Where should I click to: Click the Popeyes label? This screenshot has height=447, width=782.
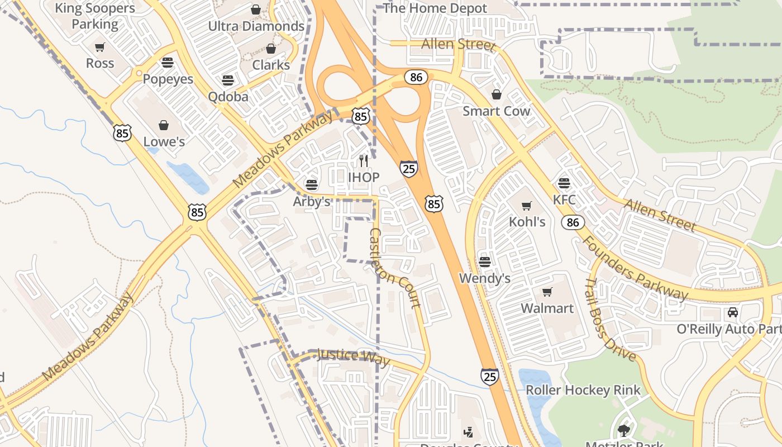[x=168, y=79]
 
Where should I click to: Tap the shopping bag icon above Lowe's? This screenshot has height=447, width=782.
[x=164, y=125]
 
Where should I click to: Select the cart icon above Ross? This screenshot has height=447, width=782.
[x=100, y=47]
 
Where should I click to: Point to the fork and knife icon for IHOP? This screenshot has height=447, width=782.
[x=364, y=161]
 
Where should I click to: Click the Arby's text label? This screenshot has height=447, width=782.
[x=312, y=202]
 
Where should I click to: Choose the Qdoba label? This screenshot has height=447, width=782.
[x=228, y=96]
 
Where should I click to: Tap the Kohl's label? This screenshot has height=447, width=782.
[x=527, y=222]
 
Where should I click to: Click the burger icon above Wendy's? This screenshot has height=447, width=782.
[x=484, y=262]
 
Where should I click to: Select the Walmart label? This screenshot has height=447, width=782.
[x=547, y=308]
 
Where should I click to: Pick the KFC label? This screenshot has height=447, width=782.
[x=564, y=199]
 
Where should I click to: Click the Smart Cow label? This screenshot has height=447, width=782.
[x=496, y=111]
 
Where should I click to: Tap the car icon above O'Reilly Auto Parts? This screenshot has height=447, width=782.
[x=732, y=312]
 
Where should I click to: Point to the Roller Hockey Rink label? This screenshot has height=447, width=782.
[x=583, y=390]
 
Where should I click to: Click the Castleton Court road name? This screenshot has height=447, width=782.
[x=394, y=268]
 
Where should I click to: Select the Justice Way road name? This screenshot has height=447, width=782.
[x=353, y=356]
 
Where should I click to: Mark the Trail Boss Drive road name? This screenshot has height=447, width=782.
[x=611, y=320]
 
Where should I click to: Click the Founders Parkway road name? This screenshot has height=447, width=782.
[x=635, y=268]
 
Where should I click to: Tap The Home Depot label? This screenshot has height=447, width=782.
[x=435, y=8]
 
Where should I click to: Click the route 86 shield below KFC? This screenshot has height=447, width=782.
[x=573, y=222]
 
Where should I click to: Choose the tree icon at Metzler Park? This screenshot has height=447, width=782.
[x=623, y=430]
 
